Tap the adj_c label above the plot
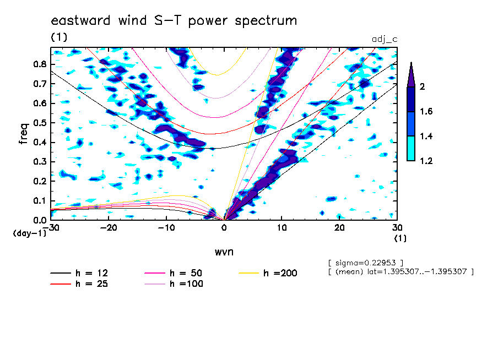(385, 39)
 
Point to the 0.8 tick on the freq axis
(40, 64)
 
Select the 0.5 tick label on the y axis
(40, 123)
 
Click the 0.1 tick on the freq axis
(40, 201)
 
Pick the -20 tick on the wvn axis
(109, 228)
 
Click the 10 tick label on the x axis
(282, 228)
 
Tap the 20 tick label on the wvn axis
(339, 228)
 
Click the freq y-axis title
(24, 134)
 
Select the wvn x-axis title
(224, 252)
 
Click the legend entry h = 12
(79, 273)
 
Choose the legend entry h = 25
(79, 284)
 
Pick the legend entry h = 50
(174, 273)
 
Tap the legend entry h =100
(174, 284)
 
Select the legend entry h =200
(268, 273)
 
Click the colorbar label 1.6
(426, 111)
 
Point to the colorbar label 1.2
(426, 161)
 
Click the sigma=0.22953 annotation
(366, 263)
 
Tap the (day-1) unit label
(29, 233)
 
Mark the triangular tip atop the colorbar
(411, 63)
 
